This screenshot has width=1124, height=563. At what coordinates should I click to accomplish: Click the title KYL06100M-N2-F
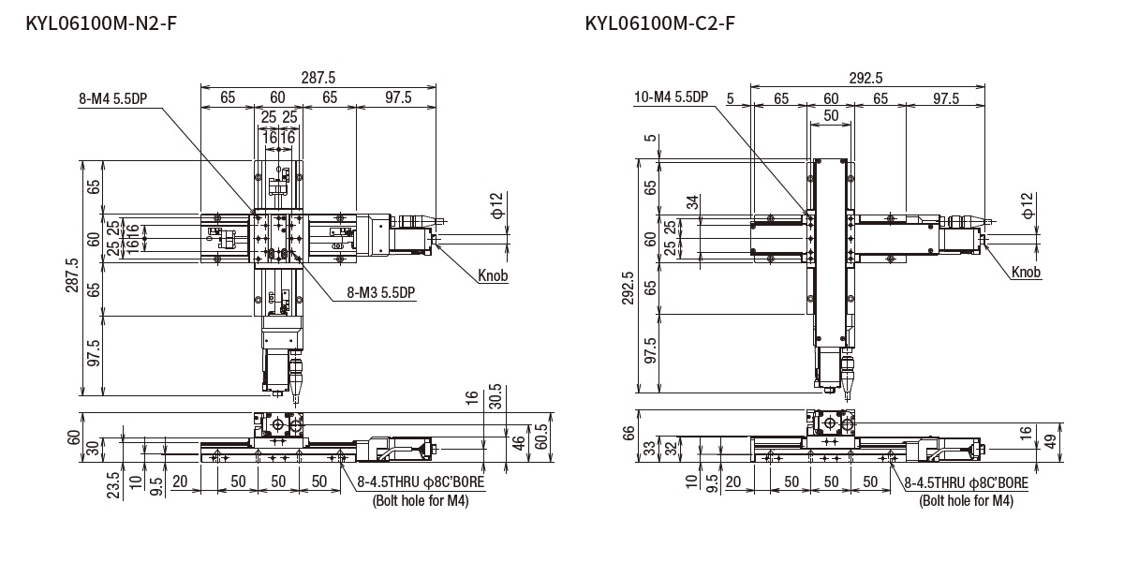[101, 22]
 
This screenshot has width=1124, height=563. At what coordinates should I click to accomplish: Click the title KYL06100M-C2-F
[659, 22]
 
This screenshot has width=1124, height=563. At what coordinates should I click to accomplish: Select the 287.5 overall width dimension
[318, 79]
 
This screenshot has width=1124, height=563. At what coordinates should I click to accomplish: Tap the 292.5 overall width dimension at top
[865, 79]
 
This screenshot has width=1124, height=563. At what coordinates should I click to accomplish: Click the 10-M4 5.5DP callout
[672, 97]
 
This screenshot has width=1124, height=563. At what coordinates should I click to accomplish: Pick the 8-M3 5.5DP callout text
[380, 293]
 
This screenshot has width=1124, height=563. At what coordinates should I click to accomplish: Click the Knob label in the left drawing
[493, 275]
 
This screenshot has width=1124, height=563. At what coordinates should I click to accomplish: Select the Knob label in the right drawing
[1026, 273]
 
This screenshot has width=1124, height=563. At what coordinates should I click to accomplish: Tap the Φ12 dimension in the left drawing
[496, 204]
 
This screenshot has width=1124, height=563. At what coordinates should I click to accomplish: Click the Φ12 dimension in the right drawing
[1028, 203]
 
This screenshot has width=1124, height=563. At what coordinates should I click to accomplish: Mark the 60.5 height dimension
[540, 437]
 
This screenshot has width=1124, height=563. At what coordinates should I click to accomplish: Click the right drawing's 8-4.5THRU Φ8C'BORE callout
[966, 483]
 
